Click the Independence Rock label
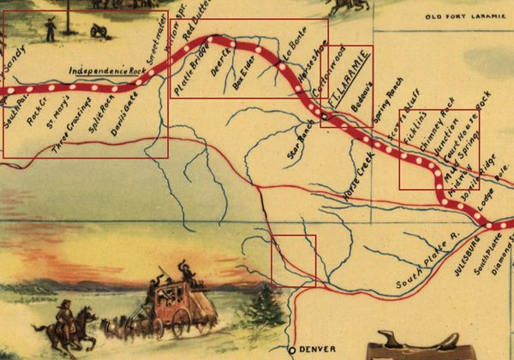pos(106,69)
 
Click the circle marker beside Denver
pos(291,350)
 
